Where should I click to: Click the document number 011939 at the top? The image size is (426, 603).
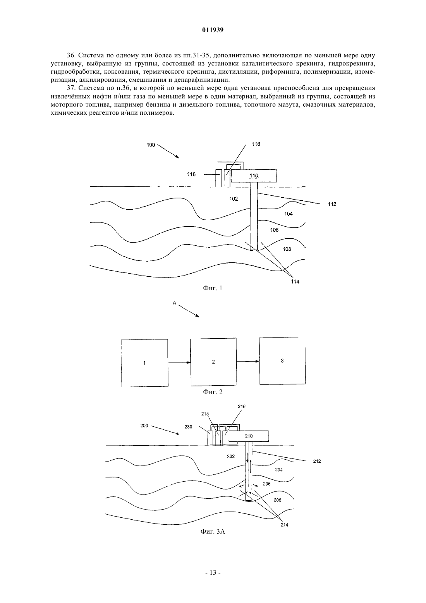[x=213, y=30]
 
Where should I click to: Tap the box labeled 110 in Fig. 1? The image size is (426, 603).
[x=254, y=176]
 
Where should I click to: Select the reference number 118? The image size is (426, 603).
[x=191, y=174]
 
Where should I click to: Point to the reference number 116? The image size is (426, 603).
[x=256, y=144]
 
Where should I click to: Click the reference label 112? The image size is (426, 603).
[x=332, y=204]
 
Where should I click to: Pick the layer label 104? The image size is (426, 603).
[x=288, y=214]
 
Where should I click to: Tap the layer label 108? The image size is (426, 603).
[x=287, y=249]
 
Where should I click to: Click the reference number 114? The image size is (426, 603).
[x=295, y=282]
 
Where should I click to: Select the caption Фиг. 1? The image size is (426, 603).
[x=213, y=288]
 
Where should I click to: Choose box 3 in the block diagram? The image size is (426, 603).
[x=282, y=360]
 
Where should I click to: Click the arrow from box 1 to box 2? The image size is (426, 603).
[x=179, y=363]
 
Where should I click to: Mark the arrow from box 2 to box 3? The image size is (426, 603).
[x=248, y=361]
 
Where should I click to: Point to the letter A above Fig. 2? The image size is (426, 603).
[x=174, y=303]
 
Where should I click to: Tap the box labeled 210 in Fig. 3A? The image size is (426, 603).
[x=249, y=436]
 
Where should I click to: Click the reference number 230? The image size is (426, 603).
[x=189, y=427]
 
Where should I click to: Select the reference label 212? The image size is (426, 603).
[x=317, y=461]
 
